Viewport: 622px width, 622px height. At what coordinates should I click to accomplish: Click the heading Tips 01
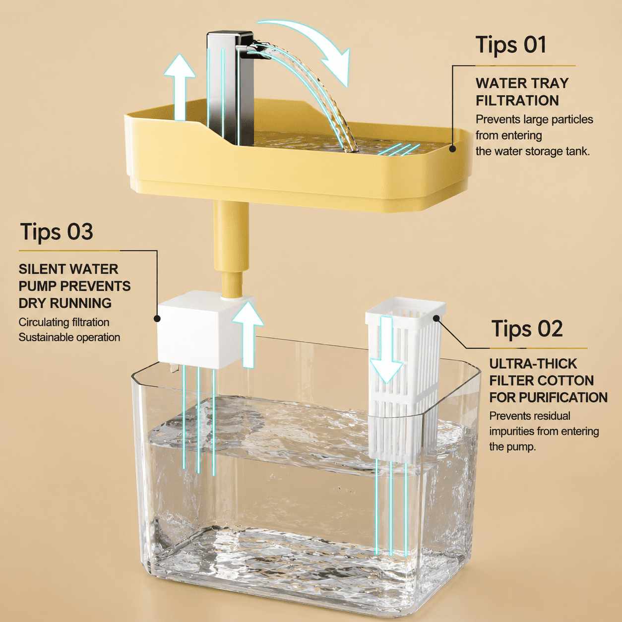click(511, 45)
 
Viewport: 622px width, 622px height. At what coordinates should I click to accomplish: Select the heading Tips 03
click(57, 232)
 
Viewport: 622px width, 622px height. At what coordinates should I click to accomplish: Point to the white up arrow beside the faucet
click(180, 88)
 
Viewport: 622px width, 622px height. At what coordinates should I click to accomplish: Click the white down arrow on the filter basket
click(386, 349)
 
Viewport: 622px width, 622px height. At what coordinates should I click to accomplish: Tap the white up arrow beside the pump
click(248, 335)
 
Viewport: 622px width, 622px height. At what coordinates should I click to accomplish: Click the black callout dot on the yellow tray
click(452, 149)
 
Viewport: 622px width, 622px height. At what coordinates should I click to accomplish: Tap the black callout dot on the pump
click(157, 318)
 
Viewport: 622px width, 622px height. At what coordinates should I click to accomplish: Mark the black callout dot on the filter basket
click(436, 318)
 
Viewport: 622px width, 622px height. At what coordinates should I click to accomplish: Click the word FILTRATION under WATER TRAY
click(517, 101)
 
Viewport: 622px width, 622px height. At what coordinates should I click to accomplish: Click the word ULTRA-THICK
click(533, 364)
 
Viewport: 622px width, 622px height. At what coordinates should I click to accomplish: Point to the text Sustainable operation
click(69, 337)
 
